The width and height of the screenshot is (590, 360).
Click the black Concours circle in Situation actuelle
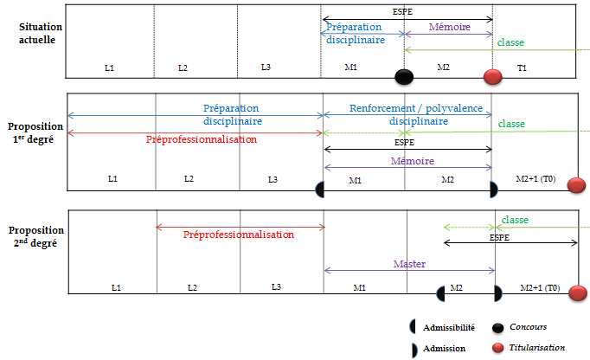[403, 77]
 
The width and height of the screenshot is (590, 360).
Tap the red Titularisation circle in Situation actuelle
[493, 77]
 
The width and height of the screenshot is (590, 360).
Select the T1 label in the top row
[522, 67]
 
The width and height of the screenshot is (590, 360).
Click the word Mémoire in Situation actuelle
[449, 27]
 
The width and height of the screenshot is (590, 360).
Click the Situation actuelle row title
[35, 34]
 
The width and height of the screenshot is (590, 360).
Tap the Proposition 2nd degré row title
[35, 237]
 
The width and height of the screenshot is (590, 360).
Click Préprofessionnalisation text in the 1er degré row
[201, 138]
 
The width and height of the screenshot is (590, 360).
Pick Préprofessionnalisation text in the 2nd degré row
[239, 235]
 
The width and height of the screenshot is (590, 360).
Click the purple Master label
[408, 264]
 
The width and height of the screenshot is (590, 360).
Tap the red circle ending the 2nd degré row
[578, 293]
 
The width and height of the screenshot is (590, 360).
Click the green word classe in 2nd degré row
[515, 220]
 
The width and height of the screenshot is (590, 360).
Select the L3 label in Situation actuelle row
[266, 67]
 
